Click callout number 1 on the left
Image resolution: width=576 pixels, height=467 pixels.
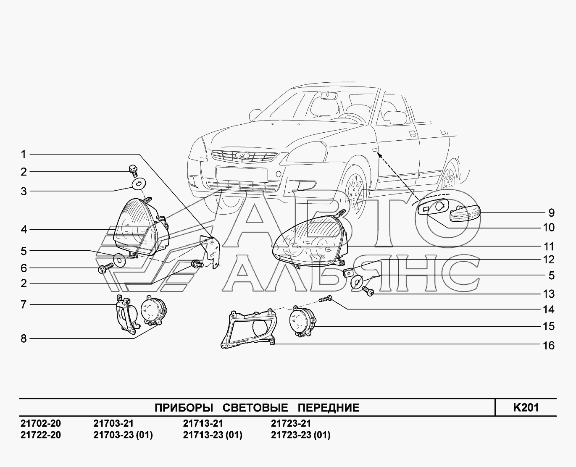24,154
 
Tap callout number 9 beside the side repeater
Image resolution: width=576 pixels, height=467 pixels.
551,213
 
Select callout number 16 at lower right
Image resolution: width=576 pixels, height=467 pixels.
549,346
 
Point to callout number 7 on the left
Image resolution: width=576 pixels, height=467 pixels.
24,304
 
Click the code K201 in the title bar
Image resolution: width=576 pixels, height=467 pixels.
526,407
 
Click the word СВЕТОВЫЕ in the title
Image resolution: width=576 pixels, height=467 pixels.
255,408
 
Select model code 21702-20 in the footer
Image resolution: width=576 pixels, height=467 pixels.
40,423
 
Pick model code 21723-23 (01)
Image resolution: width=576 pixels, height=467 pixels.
300,435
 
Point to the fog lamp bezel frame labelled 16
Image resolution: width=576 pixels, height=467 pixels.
248,328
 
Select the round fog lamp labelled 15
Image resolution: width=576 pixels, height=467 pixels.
302,322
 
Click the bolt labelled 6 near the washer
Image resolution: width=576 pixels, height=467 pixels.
105,268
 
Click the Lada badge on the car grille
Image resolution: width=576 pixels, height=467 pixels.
242,156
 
